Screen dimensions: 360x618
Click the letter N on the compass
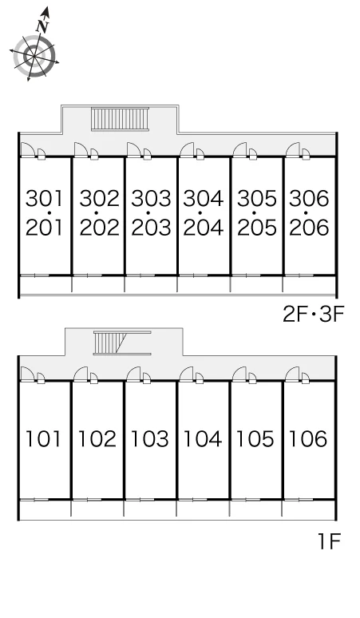(x=42, y=27)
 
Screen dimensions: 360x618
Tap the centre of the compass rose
(x=34, y=57)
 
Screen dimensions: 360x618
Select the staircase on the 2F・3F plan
(x=121, y=118)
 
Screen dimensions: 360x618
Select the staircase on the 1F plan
(x=122, y=343)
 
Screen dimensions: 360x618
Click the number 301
(x=44, y=198)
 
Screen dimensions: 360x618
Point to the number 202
(x=99, y=228)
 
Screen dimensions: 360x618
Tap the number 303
(x=151, y=198)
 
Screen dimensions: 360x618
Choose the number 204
(x=204, y=228)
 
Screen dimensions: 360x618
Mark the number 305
(x=256, y=198)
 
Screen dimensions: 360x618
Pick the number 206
(x=309, y=228)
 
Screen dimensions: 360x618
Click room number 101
(x=43, y=438)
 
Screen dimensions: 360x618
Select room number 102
(x=97, y=438)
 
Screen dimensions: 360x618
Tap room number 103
(x=149, y=438)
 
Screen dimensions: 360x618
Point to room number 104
(x=203, y=438)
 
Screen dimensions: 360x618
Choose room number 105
(x=255, y=438)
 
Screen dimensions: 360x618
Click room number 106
(x=307, y=438)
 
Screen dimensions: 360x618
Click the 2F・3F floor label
(x=314, y=315)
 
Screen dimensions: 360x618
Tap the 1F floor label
(x=329, y=541)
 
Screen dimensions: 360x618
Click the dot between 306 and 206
(x=306, y=213)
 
